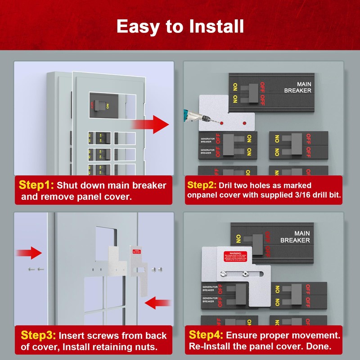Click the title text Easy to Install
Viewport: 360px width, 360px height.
pyautogui.click(x=180, y=26)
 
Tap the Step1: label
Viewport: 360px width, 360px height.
pyautogui.click(x=36, y=185)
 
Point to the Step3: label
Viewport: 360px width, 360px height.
pyautogui.click(x=38, y=335)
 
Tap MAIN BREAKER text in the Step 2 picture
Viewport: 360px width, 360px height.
pyautogui.click(x=297, y=87)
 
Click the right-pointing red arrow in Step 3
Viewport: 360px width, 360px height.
pyautogui.click(x=31, y=252)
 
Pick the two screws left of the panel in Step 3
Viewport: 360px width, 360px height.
pyautogui.click(x=35, y=269)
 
